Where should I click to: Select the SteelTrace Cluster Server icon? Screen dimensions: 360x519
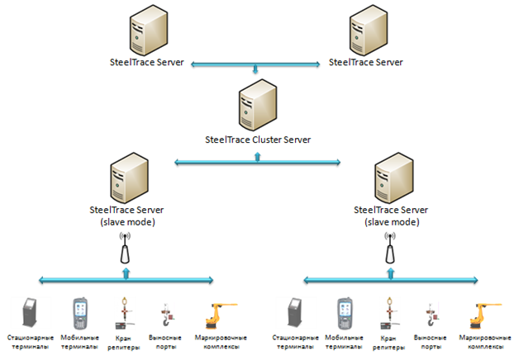click(257, 107)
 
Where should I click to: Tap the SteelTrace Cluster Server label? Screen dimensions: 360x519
click(257, 140)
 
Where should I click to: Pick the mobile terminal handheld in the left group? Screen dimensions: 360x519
click(80, 315)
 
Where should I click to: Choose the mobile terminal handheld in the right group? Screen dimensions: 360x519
click(345, 315)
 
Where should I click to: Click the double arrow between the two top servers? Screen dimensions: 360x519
click(257, 63)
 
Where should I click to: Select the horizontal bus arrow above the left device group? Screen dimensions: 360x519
click(126, 279)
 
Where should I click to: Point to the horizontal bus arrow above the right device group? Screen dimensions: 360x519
click(390, 279)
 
